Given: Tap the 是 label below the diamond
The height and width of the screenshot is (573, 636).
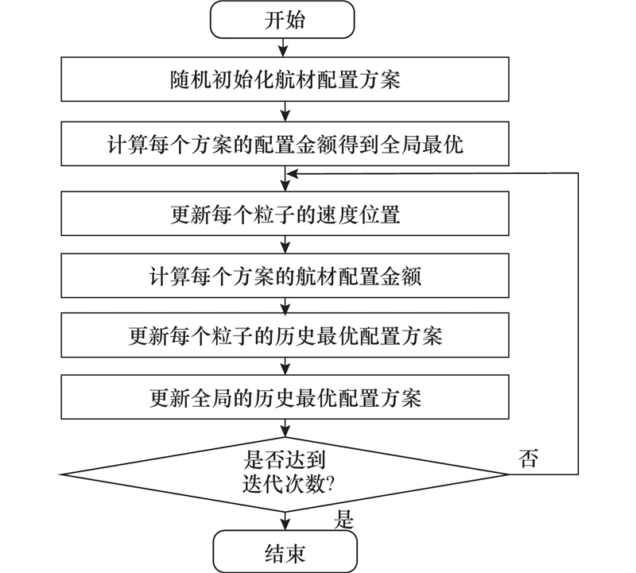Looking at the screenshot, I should [x=343, y=520].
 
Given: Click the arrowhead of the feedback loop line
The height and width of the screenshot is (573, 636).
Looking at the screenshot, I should [x=293, y=173].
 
